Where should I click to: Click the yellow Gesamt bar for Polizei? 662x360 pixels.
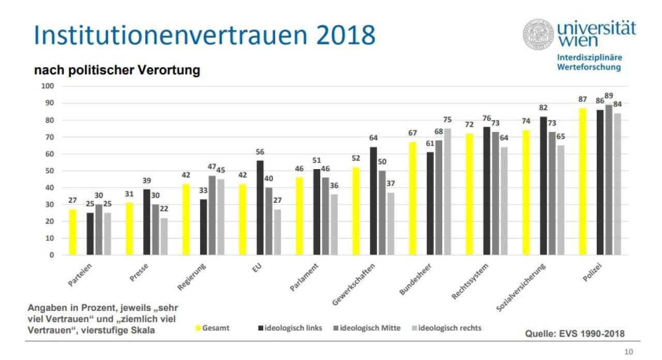583,182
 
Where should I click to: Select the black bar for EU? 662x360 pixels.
260,207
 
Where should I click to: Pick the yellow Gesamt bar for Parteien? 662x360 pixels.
73,232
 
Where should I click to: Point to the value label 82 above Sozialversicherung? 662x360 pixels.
544,108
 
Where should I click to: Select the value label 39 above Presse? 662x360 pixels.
147,180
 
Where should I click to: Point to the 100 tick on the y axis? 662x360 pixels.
47,86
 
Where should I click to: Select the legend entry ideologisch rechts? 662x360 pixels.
449,328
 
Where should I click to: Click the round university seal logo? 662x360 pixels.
538,35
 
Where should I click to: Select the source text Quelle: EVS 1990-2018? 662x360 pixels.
575,334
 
